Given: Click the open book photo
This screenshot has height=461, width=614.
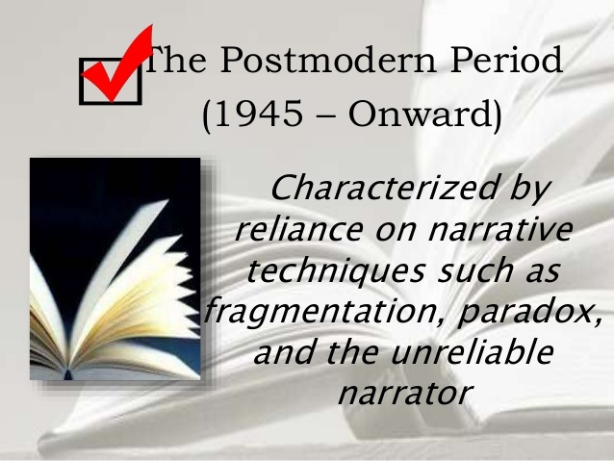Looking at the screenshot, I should (115, 269).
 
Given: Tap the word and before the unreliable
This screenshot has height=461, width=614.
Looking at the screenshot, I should (282, 352).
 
